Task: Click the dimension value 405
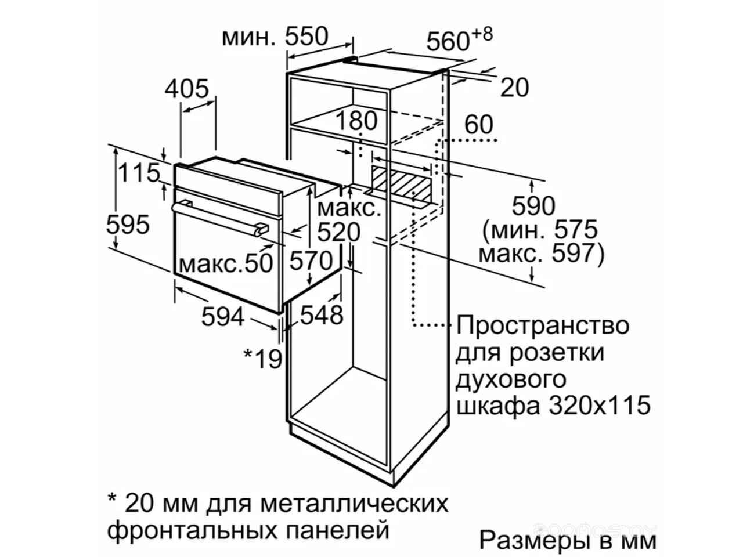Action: (x=187, y=89)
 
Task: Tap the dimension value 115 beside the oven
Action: (x=139, y=172)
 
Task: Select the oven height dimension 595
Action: (x=128, y=224)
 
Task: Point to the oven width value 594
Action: (x=223, y=317)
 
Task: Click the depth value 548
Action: (x=322, y=315)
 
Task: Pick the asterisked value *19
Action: (x=263, y=359)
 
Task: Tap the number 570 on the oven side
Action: (x=311, y=261)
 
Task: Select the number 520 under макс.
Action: (x=339, y=232)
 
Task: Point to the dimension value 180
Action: (x=356, y=121)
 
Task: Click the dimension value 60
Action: (x=479, y=124)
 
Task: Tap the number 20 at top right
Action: (x=514, y=88)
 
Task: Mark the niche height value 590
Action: (x=533, y=205)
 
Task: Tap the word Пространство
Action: (x=543, y=326)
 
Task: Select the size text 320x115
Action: (x=600, y=406)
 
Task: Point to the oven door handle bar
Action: (x=220, y=219)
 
